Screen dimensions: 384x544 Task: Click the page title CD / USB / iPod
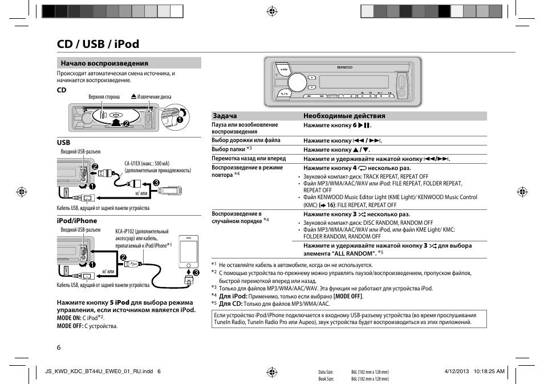coord(98,44)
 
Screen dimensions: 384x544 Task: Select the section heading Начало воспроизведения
coord(104,63)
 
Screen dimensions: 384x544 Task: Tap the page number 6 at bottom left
coord(58,347)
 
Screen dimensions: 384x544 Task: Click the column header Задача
coord(224,116)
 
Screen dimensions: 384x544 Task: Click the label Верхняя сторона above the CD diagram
coord(104,97)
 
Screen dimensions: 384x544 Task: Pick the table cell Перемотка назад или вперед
coord(249,159)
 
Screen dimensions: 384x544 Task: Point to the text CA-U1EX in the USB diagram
coord(135,163)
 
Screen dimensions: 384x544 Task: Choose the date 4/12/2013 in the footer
coord(456,371)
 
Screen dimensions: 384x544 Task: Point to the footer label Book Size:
coord(326,378)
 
